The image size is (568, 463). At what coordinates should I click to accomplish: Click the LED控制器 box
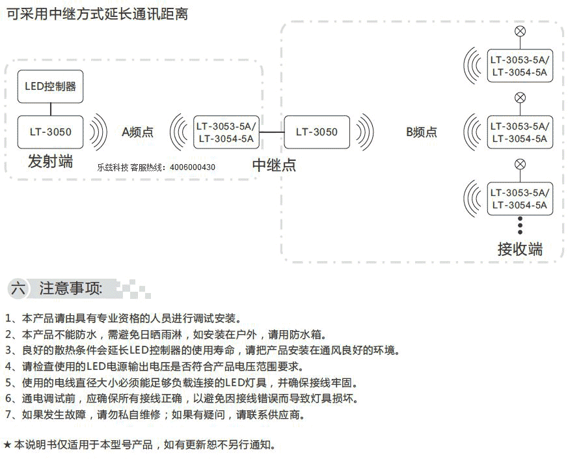click(x=50, y=87)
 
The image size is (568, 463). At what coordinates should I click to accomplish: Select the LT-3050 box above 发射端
click(x=50, y=132)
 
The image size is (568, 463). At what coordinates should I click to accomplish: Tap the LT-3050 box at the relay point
click(x=317, y=132)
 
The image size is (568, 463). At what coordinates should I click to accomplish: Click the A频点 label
click(x=138, y=132)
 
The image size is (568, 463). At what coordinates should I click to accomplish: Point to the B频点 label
click(x=422, y=132)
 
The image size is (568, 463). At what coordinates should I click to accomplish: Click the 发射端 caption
click(x=50, y=161)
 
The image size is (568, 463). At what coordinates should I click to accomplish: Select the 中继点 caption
click(x=274, y=165)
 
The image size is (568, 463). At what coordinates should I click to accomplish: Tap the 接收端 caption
click(x=521, y=249)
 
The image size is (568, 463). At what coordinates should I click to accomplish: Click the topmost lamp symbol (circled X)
click(x=521, y=31)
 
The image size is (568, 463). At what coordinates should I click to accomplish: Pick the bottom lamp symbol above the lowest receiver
click(x=521, y=164)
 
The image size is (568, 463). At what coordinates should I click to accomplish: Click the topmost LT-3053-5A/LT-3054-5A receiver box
click(x=521, y=66)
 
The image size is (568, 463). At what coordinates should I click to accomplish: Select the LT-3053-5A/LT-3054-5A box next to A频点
click(x=226, y=132)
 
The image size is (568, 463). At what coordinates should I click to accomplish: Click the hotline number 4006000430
click(x=193, y=167)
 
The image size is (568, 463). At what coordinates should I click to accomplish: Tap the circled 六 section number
click(x=18, y=288)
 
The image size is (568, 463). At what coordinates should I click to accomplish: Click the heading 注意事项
click(x=71, y=288)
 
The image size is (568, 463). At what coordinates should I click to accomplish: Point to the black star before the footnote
click(x=7, y=445)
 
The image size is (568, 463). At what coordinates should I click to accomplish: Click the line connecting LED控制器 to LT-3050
click(x=51, y=109)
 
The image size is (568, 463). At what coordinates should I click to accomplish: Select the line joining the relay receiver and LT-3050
click(x=272, y=132)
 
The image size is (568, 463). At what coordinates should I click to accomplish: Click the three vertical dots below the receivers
click(x=521, y=225)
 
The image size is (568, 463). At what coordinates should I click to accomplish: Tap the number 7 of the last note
click(x=8, y=414)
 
